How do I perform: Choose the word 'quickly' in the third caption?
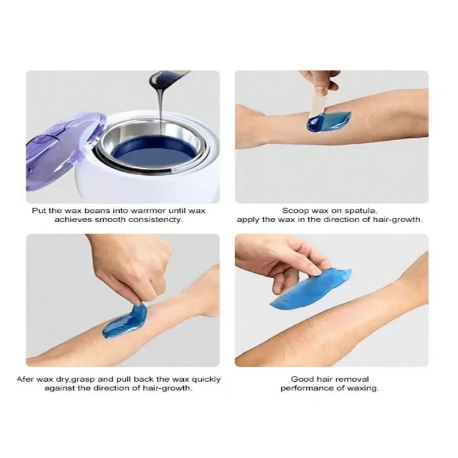click(206, 379)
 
